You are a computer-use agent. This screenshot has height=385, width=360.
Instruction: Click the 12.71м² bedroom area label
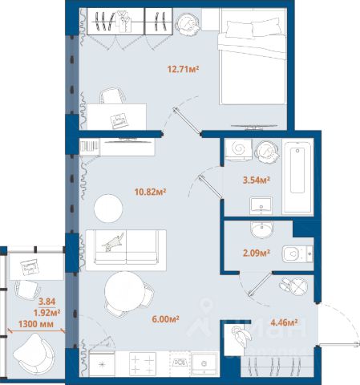click(183, 70)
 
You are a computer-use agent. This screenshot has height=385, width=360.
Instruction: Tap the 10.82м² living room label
click(151, 192)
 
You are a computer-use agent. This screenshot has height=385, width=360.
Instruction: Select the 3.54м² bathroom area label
click(256, 180)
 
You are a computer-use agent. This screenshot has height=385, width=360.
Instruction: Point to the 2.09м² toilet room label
click(257, 253)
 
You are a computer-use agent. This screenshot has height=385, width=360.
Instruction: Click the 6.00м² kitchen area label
click(165, 318)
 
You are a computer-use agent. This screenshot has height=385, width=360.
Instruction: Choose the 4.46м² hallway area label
click(284, 322)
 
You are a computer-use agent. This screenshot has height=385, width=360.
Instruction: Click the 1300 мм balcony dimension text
click(36, 324)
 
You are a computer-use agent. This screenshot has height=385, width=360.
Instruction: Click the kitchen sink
click(204, 363)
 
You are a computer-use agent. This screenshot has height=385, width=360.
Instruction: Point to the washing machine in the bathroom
click(238, 149)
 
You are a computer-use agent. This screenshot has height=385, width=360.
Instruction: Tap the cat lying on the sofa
click(114, 242)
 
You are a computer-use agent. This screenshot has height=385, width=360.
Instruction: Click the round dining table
click(124, 291)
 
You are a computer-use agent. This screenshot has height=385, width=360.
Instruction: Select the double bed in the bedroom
click(253, 56)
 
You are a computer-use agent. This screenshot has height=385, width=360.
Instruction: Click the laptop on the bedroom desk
click(119, 121)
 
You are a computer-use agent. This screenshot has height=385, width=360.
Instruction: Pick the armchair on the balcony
click(34, 354)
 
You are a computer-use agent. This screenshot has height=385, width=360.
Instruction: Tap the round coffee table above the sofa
click(108, 208)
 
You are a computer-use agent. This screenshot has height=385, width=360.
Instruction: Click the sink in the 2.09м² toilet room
click(261, 229)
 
